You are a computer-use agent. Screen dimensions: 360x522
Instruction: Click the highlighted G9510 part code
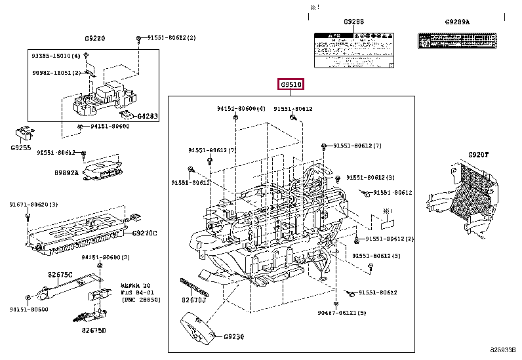(x=291, y=85)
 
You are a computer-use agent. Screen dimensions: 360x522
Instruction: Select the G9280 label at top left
(x=94, y=39)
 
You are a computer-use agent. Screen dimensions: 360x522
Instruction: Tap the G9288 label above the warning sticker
(x=353, y=22)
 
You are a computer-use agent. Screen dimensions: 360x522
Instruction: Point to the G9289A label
(x=457, y=22)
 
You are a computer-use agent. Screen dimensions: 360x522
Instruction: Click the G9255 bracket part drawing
(x=25, y=133)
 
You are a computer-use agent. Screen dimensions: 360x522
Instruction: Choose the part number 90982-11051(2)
(x=55, y=72)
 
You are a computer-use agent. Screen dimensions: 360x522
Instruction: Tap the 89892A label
(x=66, y=172)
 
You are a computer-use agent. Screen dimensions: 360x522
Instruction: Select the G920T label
(x=478, y=155)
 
